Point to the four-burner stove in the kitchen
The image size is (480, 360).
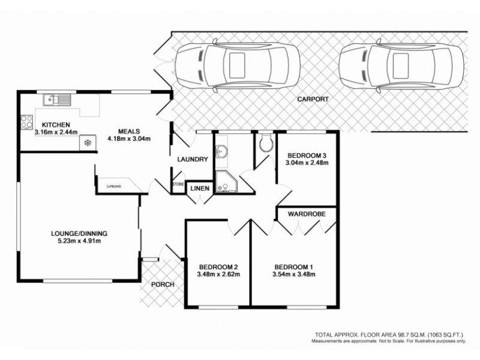click(26, 122)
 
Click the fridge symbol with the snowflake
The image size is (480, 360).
click(88, 143)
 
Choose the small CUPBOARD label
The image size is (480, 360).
click(114, 187)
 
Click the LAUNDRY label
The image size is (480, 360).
click(192, 160)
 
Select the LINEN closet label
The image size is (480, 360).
click(199, 188)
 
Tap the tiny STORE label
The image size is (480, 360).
click(178, 184)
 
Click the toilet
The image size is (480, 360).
click(266, 142)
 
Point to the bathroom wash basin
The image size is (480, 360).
click(221, 151)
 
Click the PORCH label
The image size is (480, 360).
click(162, 284)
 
